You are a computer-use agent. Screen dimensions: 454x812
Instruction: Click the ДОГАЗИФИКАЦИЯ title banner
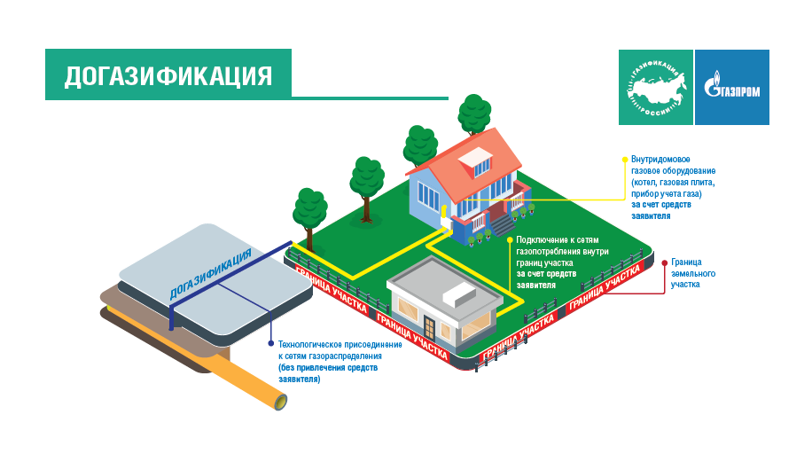pos(168,74)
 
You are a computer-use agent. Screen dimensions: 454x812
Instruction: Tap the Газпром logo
pos(731,87)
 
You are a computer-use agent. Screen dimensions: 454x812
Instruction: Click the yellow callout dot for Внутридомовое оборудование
pos(625,158)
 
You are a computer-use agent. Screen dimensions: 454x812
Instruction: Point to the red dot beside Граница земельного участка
pos(664,262)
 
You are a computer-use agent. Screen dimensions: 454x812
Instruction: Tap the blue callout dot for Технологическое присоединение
pos(270,342)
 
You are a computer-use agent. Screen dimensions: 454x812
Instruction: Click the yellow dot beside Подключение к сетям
pos(510,239)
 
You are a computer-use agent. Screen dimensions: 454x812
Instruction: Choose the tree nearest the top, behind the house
pos(473,113)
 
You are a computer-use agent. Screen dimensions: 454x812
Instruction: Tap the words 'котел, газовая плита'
pos(673,182)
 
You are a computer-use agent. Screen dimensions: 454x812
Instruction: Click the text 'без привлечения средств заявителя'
pos(328,372)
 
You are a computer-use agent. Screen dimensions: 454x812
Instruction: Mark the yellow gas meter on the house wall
pos(444,214)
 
